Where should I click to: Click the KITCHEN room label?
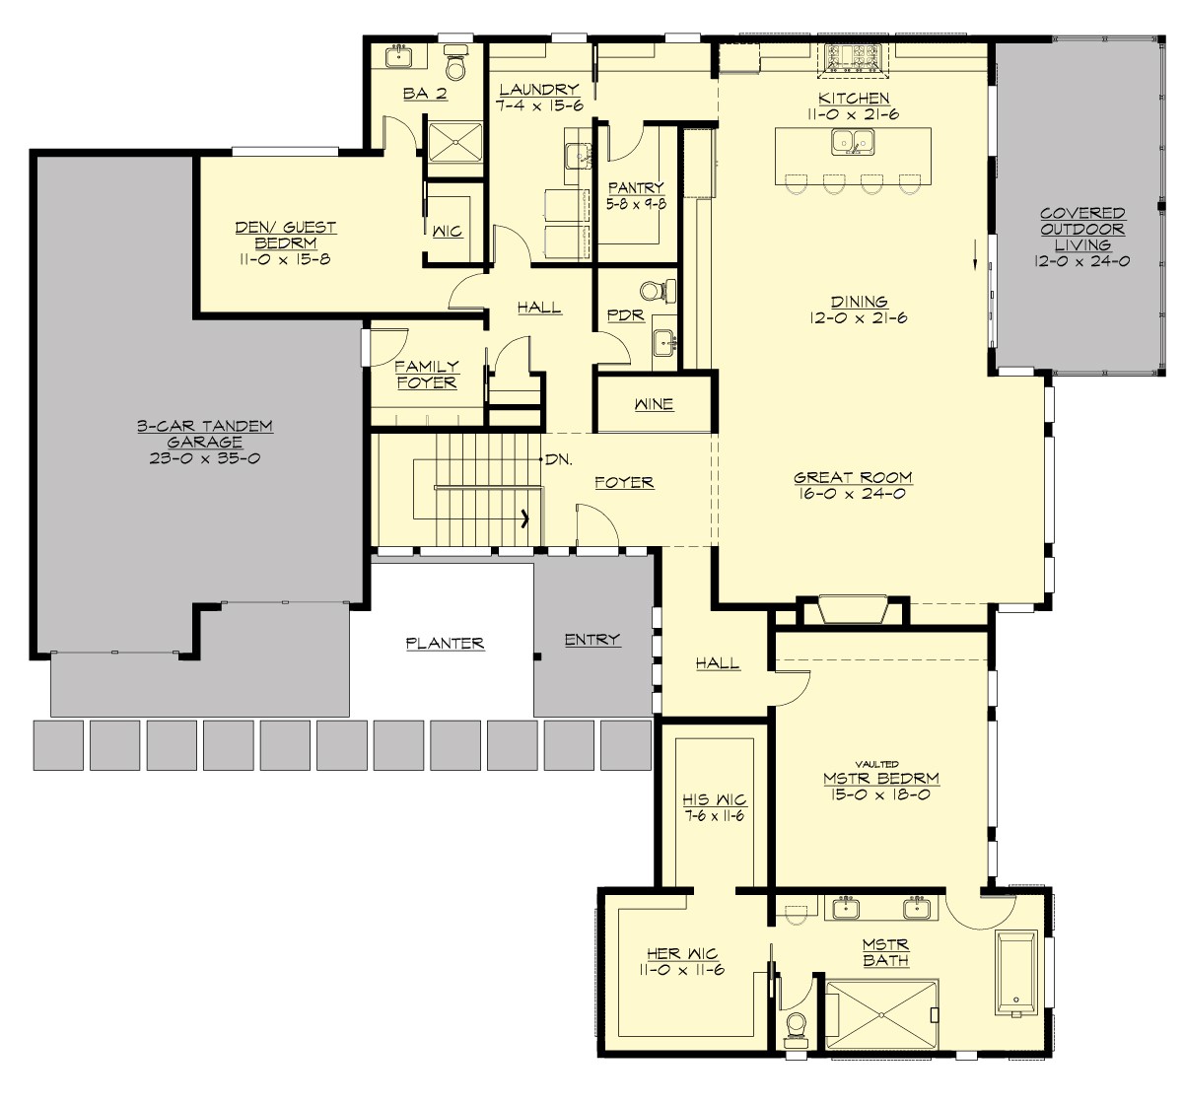[x=854, y=99]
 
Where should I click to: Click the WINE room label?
[x=654, y=404]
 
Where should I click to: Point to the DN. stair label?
[x=559, y=459]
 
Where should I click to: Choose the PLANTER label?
[x=445, y=644]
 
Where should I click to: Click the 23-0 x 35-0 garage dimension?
[x=205, y=458]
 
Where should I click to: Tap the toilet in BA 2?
[x=455, y=63]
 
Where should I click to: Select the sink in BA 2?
[x=400, y=57]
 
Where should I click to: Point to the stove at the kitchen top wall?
[x=854, y=58]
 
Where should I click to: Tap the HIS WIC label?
[x=715, y=799]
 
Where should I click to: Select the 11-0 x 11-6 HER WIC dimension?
[x=682, y=970]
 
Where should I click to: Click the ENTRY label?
[x=592, y=640]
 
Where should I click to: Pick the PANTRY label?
[x=636, y=187]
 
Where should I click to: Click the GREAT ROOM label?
[x=853, y=477]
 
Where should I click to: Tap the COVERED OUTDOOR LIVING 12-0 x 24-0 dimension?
[x=1082, y=261]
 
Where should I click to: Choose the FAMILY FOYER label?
[x=427, y=375]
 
